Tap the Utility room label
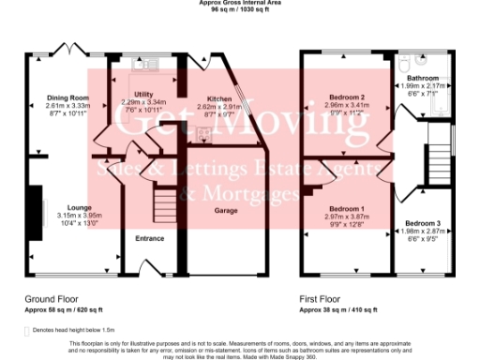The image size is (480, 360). coord(143,95)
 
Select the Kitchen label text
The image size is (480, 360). coord(219,97)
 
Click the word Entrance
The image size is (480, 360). coord(150,238)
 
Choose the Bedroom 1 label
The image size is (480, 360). coord(348,208)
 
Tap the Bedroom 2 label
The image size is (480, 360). coord(347,97)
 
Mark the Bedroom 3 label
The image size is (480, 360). coord(420,222)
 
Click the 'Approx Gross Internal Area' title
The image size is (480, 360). coord(240,3)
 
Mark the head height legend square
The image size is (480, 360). coord(26,330)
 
